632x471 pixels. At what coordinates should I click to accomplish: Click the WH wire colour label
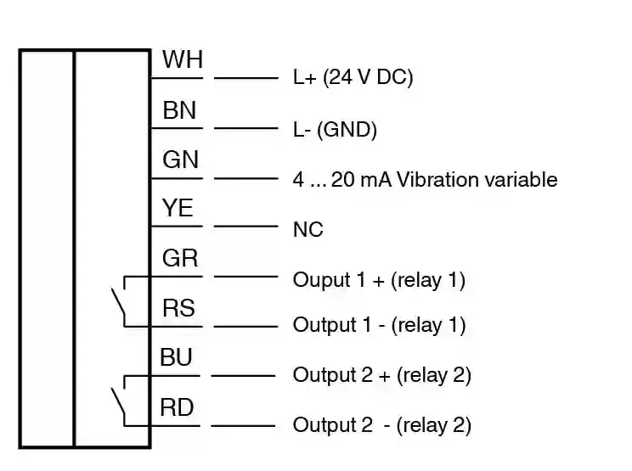point(183,60)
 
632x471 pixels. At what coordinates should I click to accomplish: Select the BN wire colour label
point(179,110)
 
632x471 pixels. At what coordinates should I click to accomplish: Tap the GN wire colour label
point(180,160)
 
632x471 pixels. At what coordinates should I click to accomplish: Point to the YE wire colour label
point(178,209)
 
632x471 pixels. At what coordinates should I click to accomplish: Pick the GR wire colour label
point(180,259)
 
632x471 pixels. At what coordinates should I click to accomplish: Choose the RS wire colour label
point(178,308)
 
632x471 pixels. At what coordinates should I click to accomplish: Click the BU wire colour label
point(177,357)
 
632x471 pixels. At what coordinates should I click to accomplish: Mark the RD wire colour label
point(178,407)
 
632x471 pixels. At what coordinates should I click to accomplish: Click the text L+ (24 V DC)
point(353,78)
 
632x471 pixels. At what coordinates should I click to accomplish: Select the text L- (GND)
point(335,131)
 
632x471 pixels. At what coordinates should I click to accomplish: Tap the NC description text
point(308,230)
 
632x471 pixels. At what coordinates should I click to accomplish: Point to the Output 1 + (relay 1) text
point(379,279)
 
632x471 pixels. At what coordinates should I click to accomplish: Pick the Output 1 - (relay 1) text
point(379,325)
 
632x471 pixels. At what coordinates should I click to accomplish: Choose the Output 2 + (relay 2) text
point(381,375)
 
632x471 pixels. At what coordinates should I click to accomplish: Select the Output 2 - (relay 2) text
point(381,424)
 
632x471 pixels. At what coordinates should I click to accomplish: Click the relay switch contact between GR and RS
point(117,301)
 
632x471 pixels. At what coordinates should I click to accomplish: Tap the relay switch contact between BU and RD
point(117,401)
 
